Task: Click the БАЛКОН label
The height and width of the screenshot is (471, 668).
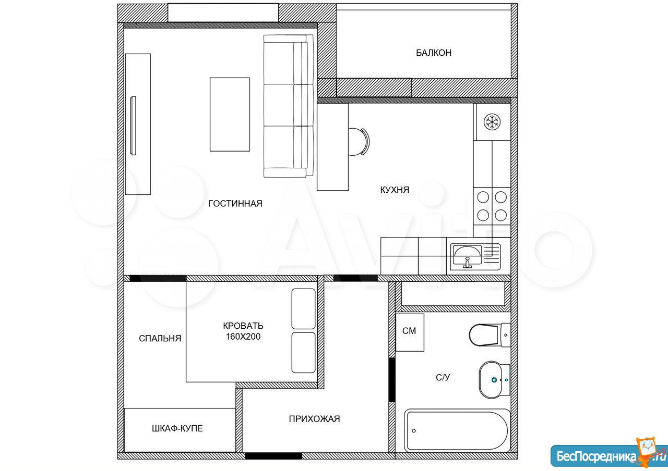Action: pyautogui.click(x=434, y=53)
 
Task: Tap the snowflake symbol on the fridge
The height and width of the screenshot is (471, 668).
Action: pyautogui.click(x=492, y=122)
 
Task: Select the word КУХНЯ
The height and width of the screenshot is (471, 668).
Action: pyautogui.click(x=395, y=190)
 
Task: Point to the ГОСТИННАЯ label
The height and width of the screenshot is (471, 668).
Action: pyautogui.click(x=235, y=204)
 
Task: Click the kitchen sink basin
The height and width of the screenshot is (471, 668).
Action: pyautogui.click(x=467, y=255)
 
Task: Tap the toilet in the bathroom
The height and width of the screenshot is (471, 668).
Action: pyautogui.click(x=490, y=335)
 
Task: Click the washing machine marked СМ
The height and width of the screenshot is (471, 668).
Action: pyautogui.click(x=410, y=332)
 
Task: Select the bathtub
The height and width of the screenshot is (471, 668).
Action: pyautogui.click(x=457, y=430)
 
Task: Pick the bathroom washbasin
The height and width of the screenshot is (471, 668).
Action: pyautogui.click(x=494, y=380)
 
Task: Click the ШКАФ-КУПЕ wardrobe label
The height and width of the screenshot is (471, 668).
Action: pyautogui.click(x=177, y=428)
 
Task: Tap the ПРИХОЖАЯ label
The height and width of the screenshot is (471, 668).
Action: pyautogui.click(x=314, y=419)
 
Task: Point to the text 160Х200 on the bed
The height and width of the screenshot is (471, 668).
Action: pyautogui.click(x=243, y=337)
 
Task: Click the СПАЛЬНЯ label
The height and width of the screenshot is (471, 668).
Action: pyautogui.click(x=160, y=338)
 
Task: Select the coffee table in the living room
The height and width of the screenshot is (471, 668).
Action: pyautogui.click(x=230, y=115)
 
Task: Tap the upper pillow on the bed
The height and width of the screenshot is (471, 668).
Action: pyautogui.click(x=304, y=309)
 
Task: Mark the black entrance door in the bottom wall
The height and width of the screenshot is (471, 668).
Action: pyautogui.click(x=273, y=456)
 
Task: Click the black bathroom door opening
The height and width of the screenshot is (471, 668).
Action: pyautogui.click(x=392, y=380)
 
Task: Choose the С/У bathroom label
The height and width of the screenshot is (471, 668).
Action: pyautogui.click(x=443, y=378)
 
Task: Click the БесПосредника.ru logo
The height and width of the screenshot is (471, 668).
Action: pyautogui.click(x=609, y=455)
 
